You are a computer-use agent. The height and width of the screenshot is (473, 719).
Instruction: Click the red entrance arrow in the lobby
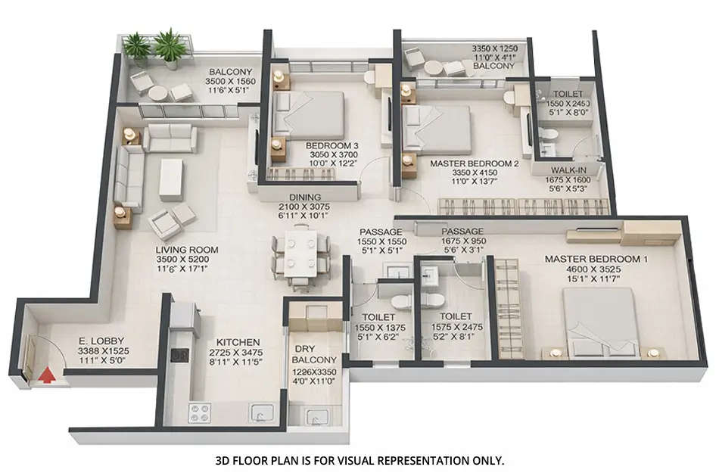coord(47,374)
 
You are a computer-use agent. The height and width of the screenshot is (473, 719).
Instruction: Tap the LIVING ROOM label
coord(188,250)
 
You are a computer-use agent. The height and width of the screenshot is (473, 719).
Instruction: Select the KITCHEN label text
coord(238,342)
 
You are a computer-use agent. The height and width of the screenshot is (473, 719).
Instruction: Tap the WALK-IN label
coord(566,170)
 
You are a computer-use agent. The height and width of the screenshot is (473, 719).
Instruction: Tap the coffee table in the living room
coord(170,179)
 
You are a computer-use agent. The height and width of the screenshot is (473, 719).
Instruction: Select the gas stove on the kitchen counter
coord(199,413)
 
